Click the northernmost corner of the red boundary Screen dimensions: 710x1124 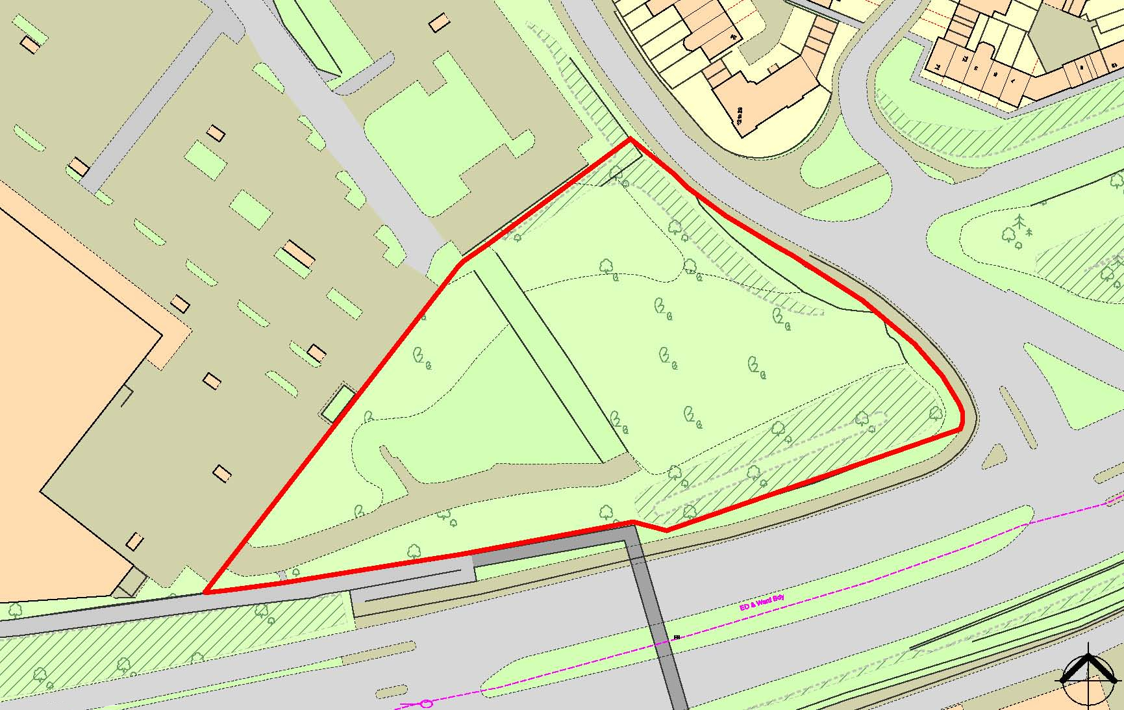(630, 139)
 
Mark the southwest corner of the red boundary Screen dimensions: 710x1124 (205, 592)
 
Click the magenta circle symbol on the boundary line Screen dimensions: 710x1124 (426, 704)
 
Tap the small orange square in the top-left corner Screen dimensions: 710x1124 (29, 44)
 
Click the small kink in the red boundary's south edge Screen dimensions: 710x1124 (666, 530)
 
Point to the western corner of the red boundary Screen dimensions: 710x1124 (462, 263)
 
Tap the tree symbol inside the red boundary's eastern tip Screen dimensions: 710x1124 (935, 413)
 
